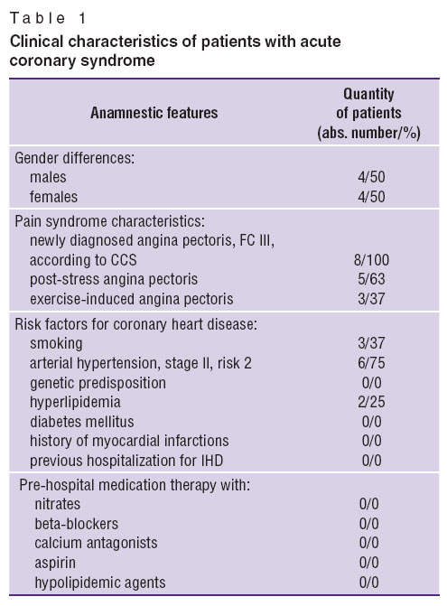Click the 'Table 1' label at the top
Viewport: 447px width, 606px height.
pyautogui.click(x=48, y=18)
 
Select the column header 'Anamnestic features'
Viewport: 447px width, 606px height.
pyautogui.click(x=154, y=113)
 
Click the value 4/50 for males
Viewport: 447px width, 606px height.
pyautogui.click(x=371, y=177)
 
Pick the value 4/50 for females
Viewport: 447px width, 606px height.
pyautogui.click(x=371, y=196)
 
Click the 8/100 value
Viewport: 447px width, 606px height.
pyautogui.click(x=371, y=260)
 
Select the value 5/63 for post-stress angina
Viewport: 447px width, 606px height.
pyautogui.click(x=371, y=279)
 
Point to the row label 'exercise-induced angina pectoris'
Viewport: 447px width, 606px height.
pyautogui.click(x=131, y=299)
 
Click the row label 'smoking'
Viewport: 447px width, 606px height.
pyautogui.click(x=56, y=343)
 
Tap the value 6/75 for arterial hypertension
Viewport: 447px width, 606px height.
pyautogui.click(x=371, y=363)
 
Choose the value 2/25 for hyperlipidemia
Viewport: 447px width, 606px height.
pyautogui.click(x=371, y=402)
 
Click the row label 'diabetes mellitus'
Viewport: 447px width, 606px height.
pyautogui.click(x=82, y=421)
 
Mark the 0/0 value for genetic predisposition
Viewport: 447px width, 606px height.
pyautogui.click(x=372, y=383)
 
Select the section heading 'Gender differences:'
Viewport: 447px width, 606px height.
pyautogui.click(x=75, y=158)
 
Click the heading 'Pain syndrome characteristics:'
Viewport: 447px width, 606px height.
pyautogui.click(x=110, y=221)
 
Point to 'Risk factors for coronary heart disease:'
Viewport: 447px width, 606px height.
pyautogui.click(x=136, y=324)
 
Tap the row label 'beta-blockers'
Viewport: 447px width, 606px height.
pyautogui.click(x=77, y=524)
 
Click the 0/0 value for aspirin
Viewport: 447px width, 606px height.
pyautogui.click(x=369, y=563)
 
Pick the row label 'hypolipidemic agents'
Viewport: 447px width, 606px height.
pyautogui.click(x=100, y=583)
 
